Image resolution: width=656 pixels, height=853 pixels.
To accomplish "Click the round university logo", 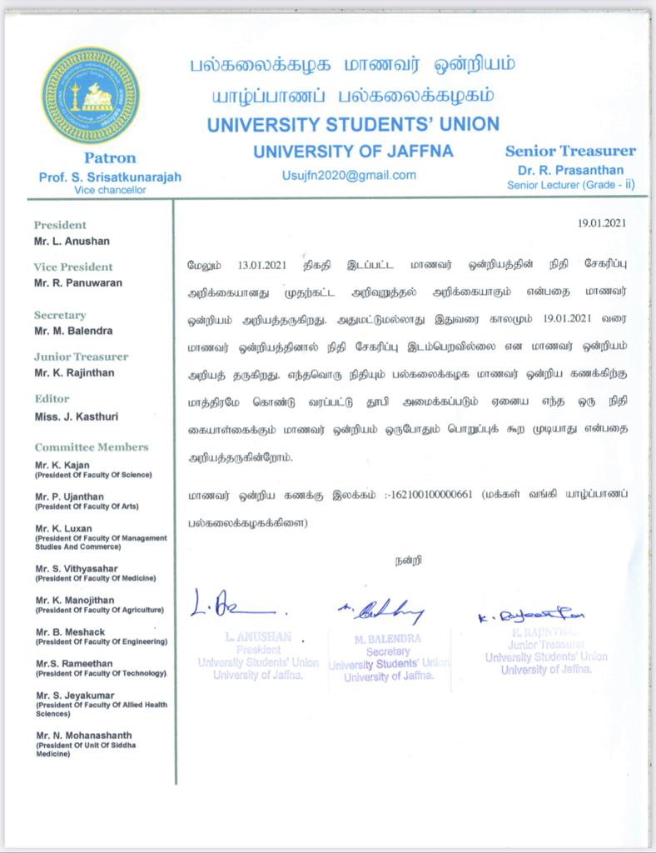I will (x=92, y=94).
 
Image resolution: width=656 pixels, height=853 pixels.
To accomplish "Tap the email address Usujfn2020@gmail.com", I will (x=350, y=175).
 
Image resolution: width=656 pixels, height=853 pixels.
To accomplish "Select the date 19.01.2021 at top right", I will (x=601, y=223).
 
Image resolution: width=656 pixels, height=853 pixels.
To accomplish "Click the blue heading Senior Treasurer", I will (x=570, y=152).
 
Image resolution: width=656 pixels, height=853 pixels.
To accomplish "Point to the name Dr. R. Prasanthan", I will (x=570, y=171).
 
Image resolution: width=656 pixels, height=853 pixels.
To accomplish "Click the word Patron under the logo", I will (x=109, y=157).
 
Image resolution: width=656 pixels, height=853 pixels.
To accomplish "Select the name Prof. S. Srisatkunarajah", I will (x=109, y=177).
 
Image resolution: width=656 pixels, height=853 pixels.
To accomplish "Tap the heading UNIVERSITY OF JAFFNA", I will (x=353, y=152).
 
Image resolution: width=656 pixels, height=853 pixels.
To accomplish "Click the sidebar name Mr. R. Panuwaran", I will (x=78, y=283).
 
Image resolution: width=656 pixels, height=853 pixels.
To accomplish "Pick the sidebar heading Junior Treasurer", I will (x=81, y=357).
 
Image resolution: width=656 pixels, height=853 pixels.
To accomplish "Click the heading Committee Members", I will (x=92, y=447).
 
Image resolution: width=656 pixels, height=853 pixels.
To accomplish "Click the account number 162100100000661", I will (x=430, y=494).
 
